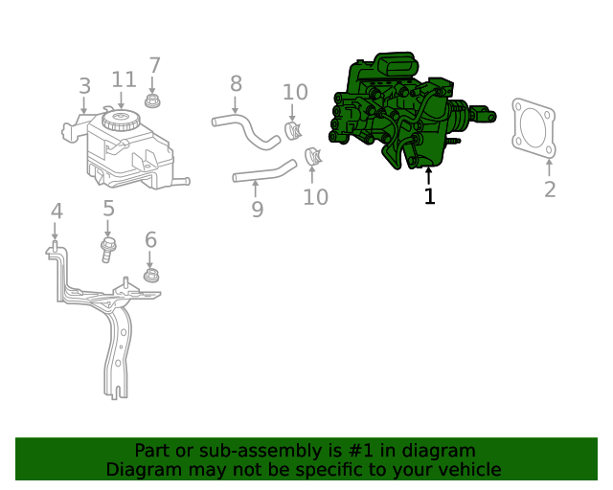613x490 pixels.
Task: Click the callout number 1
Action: [x=429, y=196]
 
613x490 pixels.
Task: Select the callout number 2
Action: [x=549, y=189]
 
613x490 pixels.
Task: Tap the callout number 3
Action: [x=84, y=87]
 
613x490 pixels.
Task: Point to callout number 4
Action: [x=57, y=212]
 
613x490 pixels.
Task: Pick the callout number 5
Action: [x=108, y=208]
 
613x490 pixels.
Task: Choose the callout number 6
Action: [x=150, y=239]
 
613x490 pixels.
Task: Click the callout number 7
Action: [x=154, y=66]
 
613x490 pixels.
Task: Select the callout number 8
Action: [x=236, y=84]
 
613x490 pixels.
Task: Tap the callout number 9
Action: [x=257, y=209]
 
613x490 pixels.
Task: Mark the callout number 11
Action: [x=124, y=79]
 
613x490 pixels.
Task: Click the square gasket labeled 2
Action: [x=534, y=127]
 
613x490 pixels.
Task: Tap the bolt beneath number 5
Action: [x=107, y=249]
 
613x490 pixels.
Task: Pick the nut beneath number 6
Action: [x=150, y=277]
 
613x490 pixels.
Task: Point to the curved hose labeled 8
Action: [x=245, y=130]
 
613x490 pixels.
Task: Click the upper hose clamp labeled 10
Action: [x=293, y=128]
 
